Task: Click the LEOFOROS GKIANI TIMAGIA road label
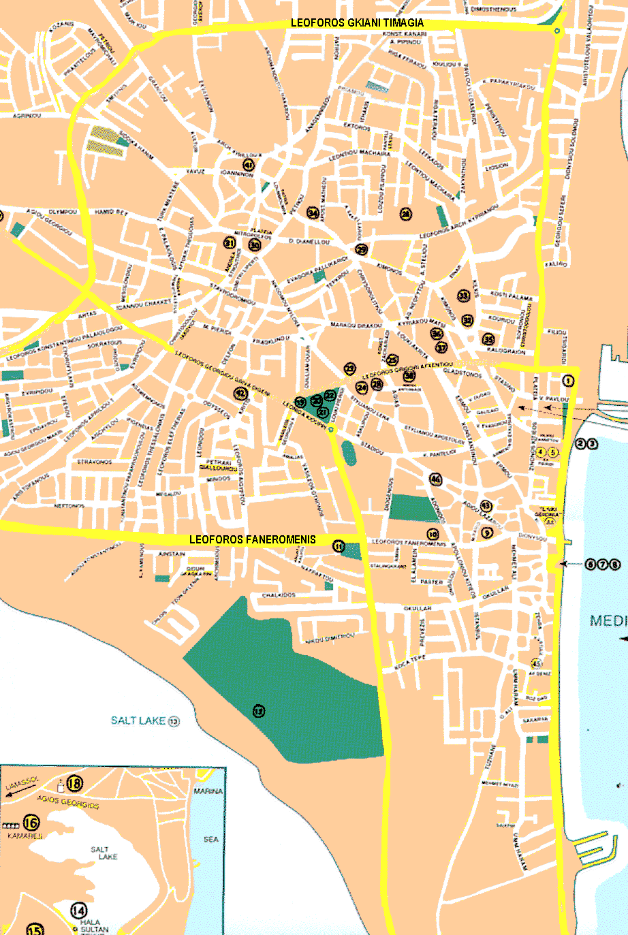(357, 22)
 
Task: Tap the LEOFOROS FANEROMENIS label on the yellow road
(252, 539)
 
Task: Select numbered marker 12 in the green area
(258, 711)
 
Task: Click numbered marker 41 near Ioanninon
(249, 165)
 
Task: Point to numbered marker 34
(313, 213)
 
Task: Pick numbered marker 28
(406, 214)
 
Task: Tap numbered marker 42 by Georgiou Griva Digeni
(240, 393)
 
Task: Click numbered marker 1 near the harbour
(569, 381)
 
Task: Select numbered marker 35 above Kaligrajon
(488, 339)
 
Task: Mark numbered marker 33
(464, 296)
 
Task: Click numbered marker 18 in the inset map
(74, 784)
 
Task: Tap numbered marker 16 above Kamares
(31, 823)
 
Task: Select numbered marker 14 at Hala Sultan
(79, 910)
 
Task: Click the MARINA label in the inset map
(208, 791)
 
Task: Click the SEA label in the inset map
(211, 839)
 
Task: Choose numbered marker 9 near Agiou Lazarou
(486, 533)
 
